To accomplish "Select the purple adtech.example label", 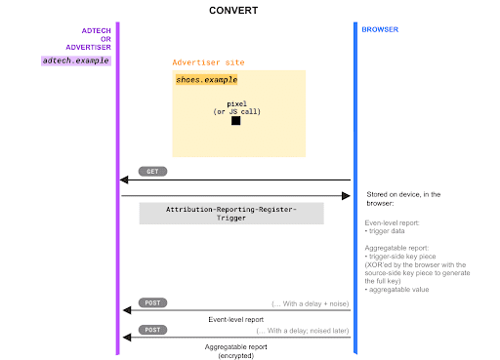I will pyautogui.click(x=76, y=60).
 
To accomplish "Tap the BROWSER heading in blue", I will pyautogui.click(x=380, y=30).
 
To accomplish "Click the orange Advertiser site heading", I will pyautogui.click(x=209, y=62).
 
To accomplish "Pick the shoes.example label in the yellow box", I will pyautogui.click(x=207, y=79).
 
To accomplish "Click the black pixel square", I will pyautogui.click(x=236, y=121).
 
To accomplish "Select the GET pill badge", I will pyautogui.click(x=152, y=171).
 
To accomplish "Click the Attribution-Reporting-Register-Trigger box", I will pyautogui.click(x=230, y=213).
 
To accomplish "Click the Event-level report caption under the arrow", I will pyautogui.click(x=234, y=319).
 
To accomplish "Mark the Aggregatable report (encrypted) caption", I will pyautogui.click(x=234, y=351).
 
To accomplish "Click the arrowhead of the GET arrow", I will pyautogui.click(x=124, y=180).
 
